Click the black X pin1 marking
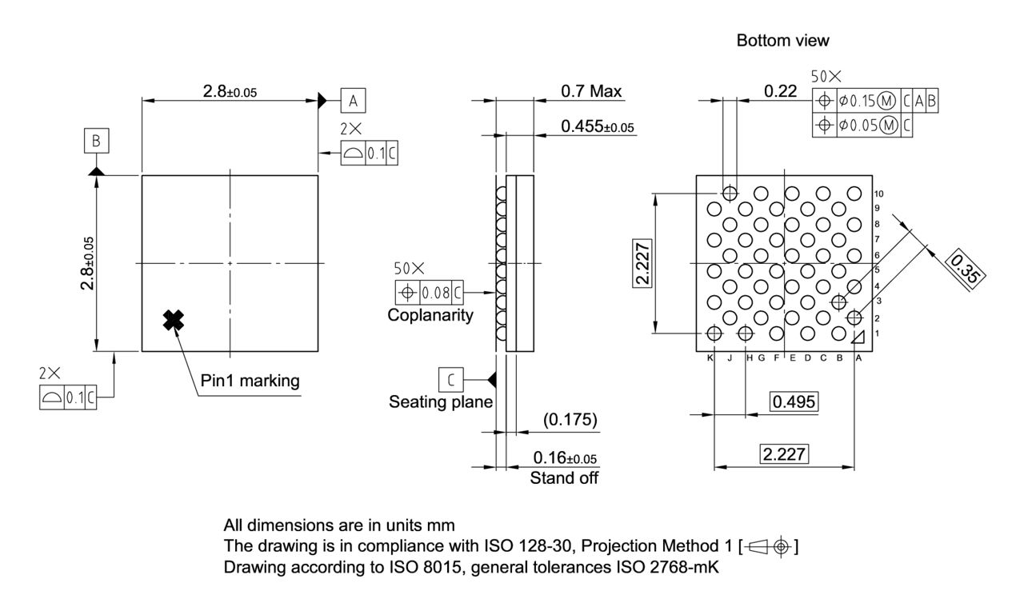click(x=173, y=320)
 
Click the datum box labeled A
click(x=353, y=100)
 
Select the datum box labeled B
click(x=96, y=142)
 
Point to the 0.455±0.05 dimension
click(x=596, y=126)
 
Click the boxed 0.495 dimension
click(x=794, y=401)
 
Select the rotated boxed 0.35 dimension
click(x=966, y=266)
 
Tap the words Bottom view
click(x=782, y=40)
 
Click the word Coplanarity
click(x=430, y=315)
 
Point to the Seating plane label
click(x=441, y=401)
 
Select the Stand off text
click(x=564, y=478)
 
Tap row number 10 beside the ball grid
click(x=878, y=194)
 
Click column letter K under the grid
click(x=710, y=358)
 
